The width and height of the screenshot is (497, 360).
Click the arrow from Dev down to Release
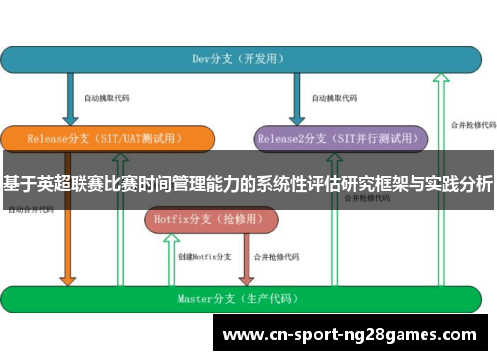point(70,99)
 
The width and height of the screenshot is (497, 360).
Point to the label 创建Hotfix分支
point(205,257)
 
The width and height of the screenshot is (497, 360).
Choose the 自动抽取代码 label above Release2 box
point(334,99)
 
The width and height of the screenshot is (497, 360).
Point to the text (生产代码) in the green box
point(269,298)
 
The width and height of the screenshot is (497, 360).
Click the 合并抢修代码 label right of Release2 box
point(473,125)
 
